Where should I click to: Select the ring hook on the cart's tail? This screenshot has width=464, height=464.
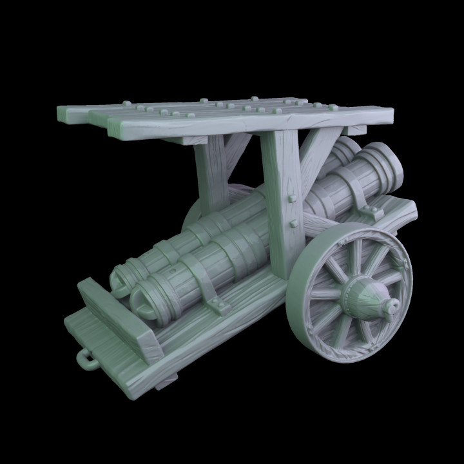pyautogui.click(x=85, y=358)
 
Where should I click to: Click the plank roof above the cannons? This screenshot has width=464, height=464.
pyautogui.click(x=226, y=116)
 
